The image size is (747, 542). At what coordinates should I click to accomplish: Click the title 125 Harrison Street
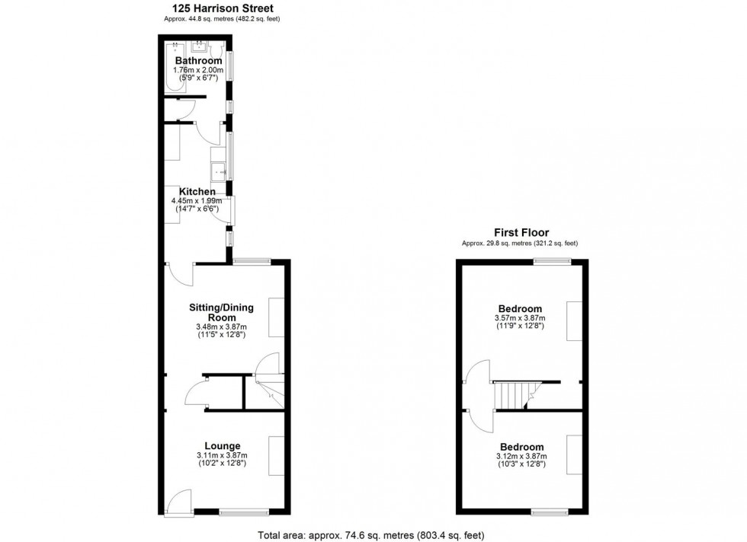click(x=222, y=8)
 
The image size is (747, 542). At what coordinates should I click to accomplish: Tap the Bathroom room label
click(x=198, y=61)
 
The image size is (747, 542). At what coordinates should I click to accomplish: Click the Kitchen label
click(x=197, y=191)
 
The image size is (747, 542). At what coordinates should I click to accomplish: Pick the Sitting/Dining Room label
click(x=221, y=312)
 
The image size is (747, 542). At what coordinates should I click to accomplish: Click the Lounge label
click(x=222, y=446)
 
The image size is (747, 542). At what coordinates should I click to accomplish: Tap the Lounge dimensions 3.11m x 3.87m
click(x=222, y=456)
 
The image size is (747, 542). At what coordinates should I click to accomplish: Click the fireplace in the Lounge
click(x=276, y=455)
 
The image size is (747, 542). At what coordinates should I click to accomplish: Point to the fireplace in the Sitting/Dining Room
click(x=276, y=317)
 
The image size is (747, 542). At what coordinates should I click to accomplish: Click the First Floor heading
click(x=522, y=233)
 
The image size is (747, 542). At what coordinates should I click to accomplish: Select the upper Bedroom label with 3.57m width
click(x=522, y=308)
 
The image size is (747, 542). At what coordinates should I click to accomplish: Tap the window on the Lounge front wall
click(x=244, y=512)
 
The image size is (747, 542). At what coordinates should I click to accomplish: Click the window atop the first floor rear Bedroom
click(x=552, y=261)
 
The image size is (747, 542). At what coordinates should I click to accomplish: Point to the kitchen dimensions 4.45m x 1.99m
click(x=197, y=201)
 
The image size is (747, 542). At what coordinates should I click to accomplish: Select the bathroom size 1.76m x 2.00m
click(x=198, y=71)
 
